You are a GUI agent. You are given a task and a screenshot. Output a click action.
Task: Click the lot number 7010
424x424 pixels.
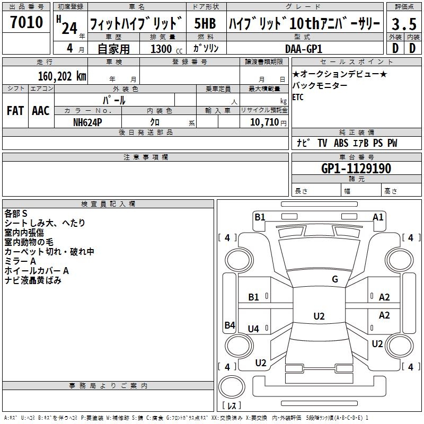[x=26, y=23]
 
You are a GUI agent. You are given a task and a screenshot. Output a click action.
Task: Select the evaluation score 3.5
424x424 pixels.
[x=403, y=24]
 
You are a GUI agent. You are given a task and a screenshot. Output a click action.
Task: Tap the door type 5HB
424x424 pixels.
[x=205, y=24]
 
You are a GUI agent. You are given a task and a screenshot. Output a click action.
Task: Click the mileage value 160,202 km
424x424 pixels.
[x=62, y=76]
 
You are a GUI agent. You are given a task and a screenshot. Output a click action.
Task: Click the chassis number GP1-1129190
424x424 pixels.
[x=356, y=169]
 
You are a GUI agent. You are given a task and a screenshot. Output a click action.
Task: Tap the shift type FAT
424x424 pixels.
[x=15, y=111]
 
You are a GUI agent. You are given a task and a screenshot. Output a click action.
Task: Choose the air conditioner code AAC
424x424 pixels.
[x=40, y=111]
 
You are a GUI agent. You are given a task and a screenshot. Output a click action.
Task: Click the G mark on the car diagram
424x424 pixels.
[x=334, y=279]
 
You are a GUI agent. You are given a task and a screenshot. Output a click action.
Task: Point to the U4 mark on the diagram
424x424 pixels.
[x=253, y=329]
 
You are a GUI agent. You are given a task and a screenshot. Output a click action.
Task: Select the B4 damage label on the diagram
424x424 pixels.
[x=229, y=325]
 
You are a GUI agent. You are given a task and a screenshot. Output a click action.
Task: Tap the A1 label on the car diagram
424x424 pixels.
[x=378, y=217]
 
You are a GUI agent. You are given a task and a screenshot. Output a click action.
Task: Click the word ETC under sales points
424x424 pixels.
[x=297, y=97]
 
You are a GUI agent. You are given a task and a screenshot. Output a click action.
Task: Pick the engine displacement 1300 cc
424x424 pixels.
[x=164, y=49]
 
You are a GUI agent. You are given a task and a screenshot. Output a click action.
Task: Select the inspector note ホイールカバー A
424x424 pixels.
[x=37, y=271]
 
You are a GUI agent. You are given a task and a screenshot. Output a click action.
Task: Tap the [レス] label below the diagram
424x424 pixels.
[x=232, y=406]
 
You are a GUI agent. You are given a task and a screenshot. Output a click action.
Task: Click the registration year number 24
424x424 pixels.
[x=69, y=28]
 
